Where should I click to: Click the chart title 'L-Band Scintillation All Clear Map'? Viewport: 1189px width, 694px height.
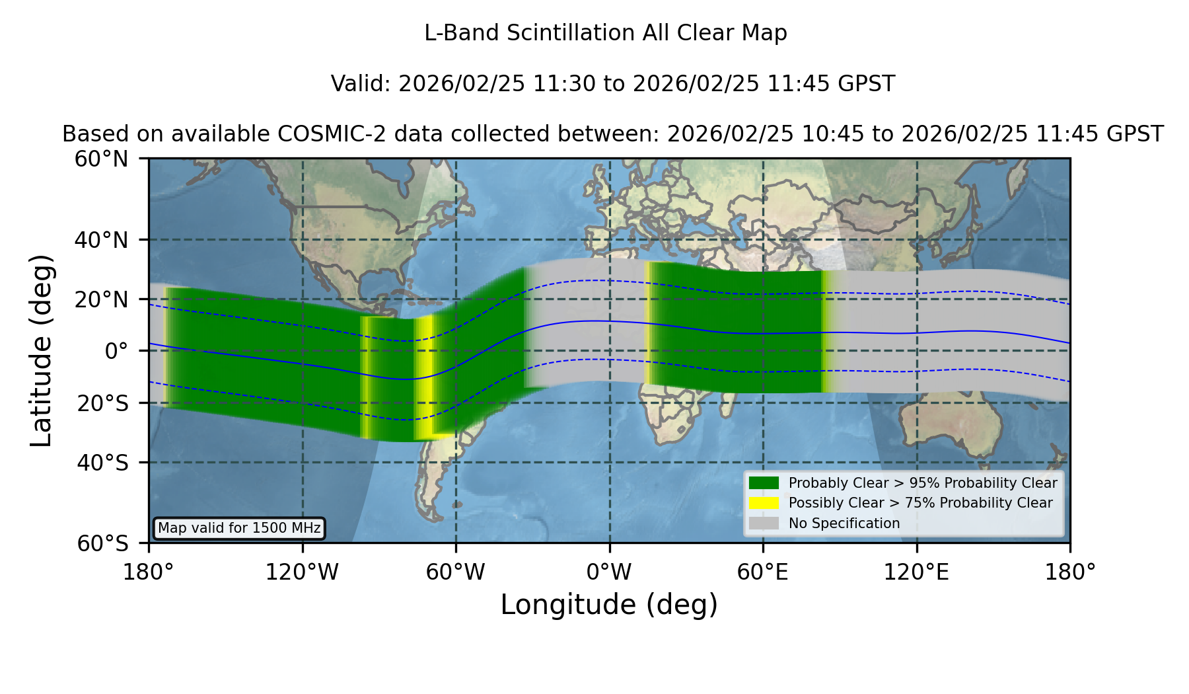coord(606,33)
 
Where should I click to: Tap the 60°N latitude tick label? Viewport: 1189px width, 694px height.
coord(102,159)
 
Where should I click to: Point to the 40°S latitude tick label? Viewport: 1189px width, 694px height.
coord(103,463)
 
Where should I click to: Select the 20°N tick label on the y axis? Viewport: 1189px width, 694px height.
coord(102,300)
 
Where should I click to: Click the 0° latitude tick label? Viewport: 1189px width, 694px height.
coord(116,351)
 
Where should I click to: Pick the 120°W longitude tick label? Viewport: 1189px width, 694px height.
coord(302,572)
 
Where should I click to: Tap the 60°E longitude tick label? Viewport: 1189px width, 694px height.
coord(763,572)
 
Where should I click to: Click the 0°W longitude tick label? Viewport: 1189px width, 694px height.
coord(609,572)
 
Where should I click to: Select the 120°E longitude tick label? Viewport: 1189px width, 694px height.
coord(916,572)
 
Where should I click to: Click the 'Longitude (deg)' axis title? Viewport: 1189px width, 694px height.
coord(609,605)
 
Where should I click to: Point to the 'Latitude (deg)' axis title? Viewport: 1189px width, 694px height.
coord(42,350)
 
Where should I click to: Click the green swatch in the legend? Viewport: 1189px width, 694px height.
coord(764,483)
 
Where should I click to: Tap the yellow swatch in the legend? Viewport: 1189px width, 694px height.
coord(764,503)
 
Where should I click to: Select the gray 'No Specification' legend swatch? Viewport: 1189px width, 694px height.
coord(764,523)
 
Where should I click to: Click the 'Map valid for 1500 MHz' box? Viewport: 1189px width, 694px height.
coord(239,528)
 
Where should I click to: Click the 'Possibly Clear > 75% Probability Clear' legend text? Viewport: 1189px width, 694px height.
coord(920,503)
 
